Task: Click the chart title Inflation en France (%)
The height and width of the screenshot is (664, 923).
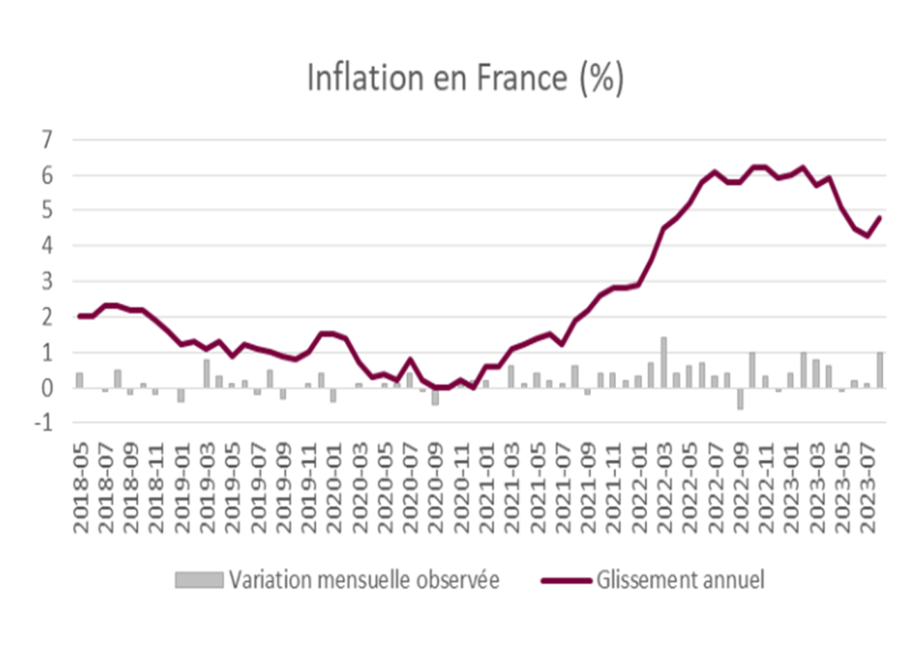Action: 465,79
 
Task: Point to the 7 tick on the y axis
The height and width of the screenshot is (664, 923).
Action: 47,140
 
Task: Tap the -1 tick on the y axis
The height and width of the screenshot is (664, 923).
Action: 43,422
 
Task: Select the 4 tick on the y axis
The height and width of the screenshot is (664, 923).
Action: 47,246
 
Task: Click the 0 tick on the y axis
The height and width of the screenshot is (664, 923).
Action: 47,387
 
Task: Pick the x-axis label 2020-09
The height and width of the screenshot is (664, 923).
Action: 435,488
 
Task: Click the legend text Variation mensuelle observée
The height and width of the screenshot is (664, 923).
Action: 364,580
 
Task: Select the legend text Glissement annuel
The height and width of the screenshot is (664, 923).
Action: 680,580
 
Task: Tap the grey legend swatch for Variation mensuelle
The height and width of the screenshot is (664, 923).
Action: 199,580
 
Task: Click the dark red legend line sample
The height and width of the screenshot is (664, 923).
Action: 566,581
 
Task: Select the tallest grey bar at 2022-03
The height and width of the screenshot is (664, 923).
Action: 664,362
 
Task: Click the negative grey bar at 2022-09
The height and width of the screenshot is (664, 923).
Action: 740,399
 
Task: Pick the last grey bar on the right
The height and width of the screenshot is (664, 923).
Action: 880,370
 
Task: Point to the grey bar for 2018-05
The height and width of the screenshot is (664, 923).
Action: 80,380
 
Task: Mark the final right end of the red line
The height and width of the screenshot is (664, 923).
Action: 880,217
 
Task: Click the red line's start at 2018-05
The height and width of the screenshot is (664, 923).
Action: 80,316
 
